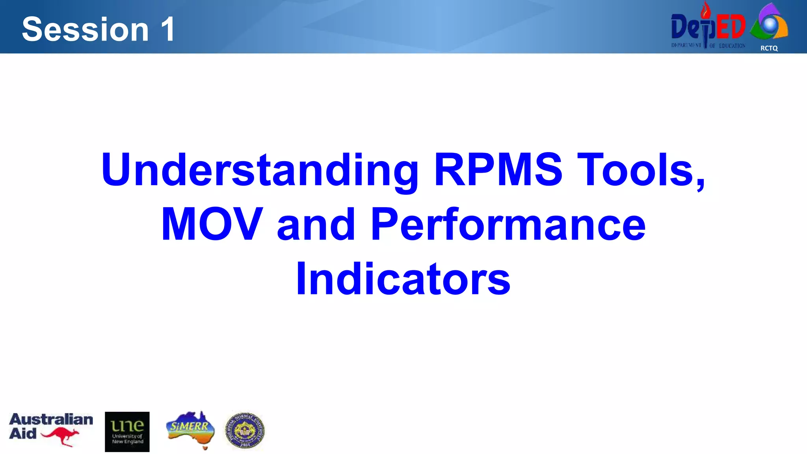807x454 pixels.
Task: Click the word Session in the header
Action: click(85, 30)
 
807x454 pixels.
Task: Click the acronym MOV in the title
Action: click(212, 224)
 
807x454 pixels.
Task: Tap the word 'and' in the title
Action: click(316, 224)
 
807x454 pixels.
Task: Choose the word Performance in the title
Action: click(508, 224)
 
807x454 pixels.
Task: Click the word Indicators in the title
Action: click(403, 279)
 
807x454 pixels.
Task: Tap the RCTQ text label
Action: click(769, 48)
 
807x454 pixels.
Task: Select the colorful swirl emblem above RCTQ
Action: click(769, 23)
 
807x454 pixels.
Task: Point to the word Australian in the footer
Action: click(51, 419)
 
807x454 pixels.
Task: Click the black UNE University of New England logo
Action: click(127, 432)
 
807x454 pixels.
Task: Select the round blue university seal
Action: click(245, 431)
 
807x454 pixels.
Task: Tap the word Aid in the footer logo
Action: click(23, 434)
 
